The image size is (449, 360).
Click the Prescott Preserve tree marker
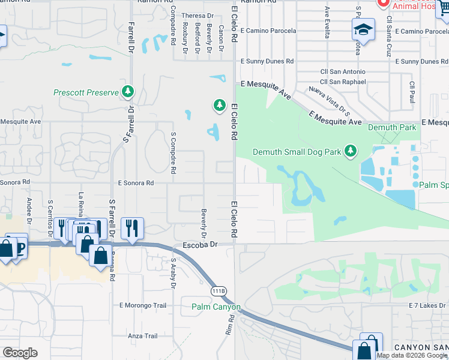(x=128, y=92)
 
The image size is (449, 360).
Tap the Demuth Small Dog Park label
(x=297, y=152)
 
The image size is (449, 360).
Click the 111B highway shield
(x=219, y=291)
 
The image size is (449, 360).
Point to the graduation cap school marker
(x=362, y=30)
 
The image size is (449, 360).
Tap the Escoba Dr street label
(x=199, y=245)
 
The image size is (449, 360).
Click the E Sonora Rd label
(x=136, y=182)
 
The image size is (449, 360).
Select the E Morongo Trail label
(x=143, y=305)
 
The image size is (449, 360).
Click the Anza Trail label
(x=142, y=336)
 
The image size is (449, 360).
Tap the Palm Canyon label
(x=216, y=307)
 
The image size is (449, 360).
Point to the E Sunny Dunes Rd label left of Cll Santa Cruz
(x=267, y=61)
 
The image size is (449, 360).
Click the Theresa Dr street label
(x=197, y=16)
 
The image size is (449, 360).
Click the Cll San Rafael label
(x=343, y=82)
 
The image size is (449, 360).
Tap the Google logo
(x=19, y=353)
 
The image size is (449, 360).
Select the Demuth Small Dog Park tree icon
(x=351, y=151)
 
